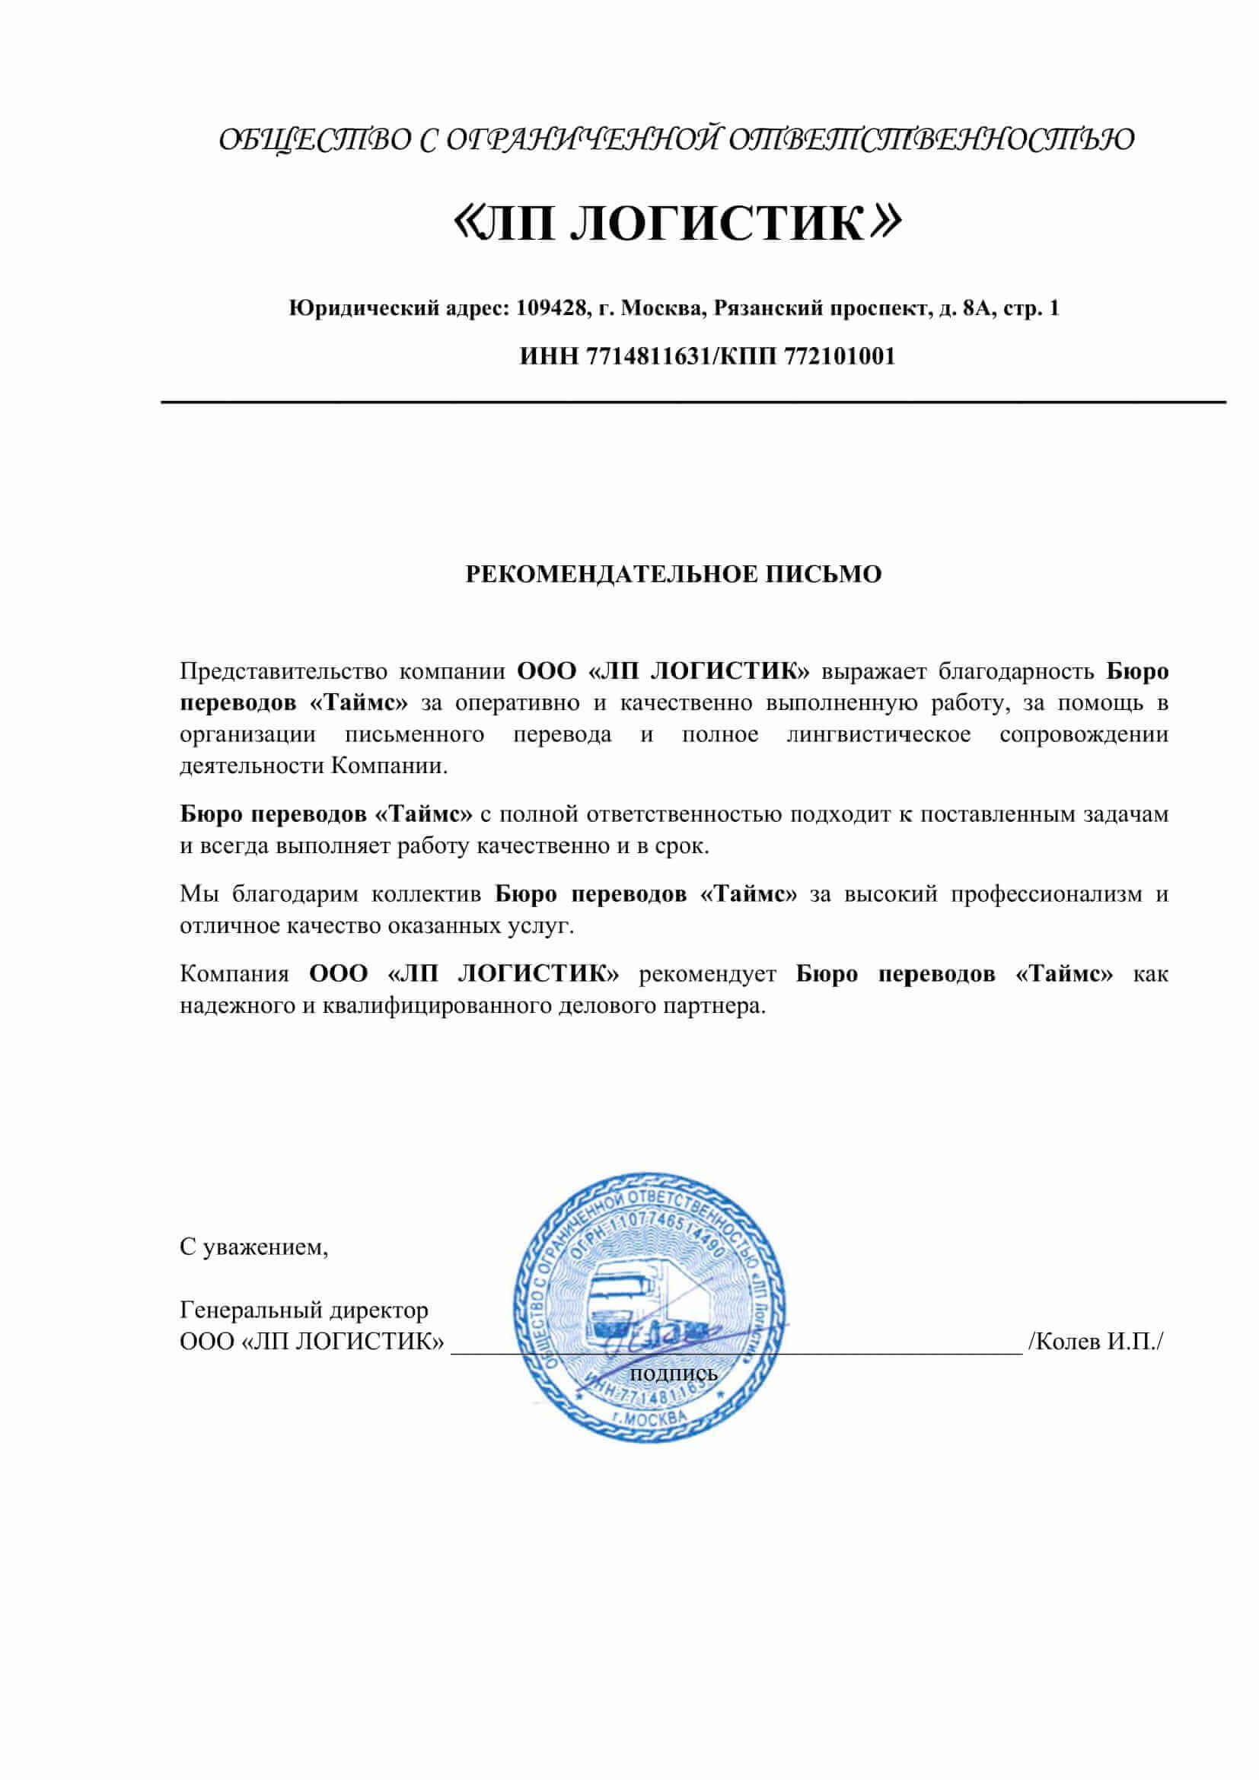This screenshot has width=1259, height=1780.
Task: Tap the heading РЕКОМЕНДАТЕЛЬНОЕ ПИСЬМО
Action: pos(673,575)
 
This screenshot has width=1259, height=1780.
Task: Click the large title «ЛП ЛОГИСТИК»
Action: pos(676,224)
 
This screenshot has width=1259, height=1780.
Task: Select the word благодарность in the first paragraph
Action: pos(1016,671)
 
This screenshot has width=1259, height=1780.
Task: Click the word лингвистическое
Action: pos(878,735)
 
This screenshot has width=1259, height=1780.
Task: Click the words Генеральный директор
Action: pos(304,1310)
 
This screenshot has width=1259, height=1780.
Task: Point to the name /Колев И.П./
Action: pos(1095,1342)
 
